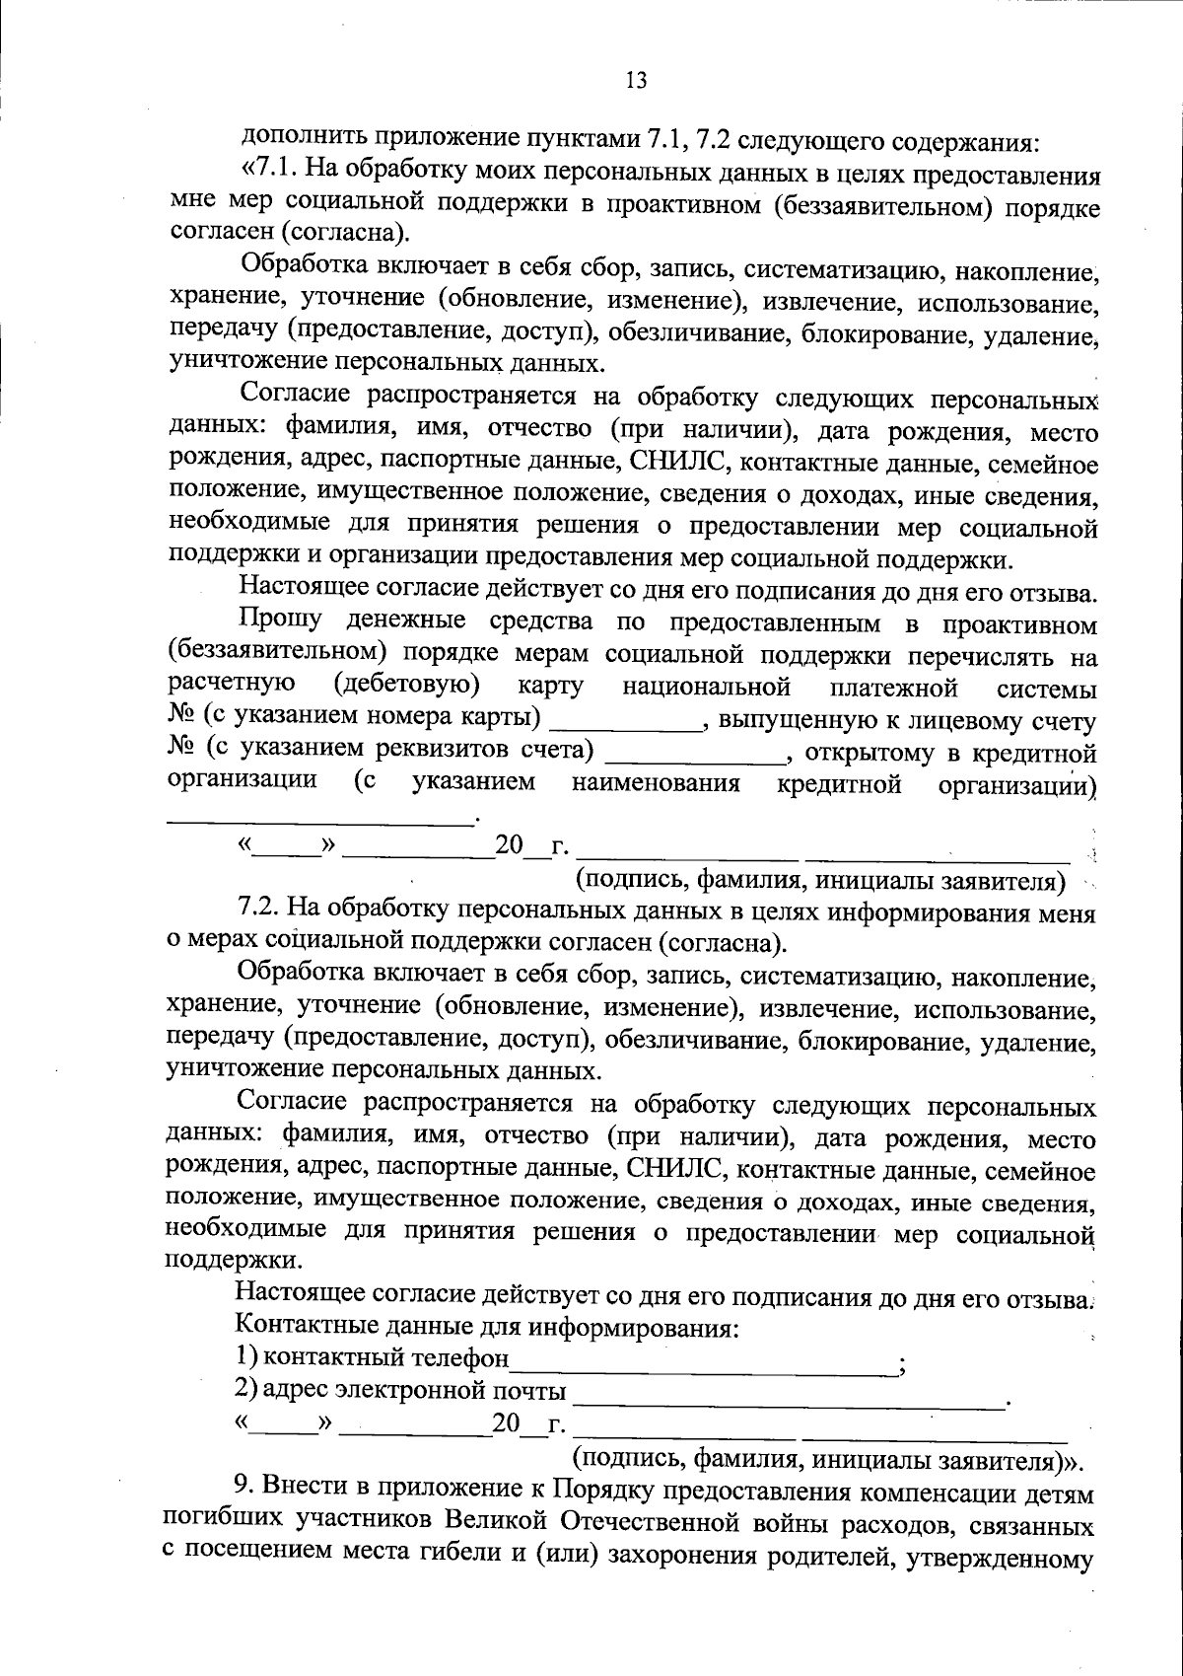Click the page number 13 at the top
tap(635, 81)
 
